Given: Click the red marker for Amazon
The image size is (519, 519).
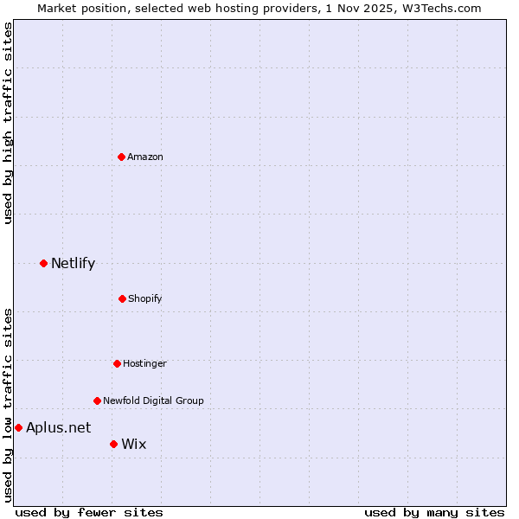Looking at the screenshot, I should coord(121,157).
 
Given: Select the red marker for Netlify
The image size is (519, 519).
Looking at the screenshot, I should coord(43,263).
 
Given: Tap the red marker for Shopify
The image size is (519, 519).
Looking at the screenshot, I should coord(122,298).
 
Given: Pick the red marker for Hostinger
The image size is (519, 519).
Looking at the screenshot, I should coord(117,363).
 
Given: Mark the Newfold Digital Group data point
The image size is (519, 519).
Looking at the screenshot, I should coord(97,400).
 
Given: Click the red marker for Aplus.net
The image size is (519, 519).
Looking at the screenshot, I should coord(18,427).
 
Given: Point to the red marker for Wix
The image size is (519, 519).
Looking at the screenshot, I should coord(113,444).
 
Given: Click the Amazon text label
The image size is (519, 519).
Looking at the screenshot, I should coord(145,157).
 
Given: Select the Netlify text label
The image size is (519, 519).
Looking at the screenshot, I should coord(73,263).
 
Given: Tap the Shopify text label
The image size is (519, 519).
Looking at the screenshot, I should coord(145,298).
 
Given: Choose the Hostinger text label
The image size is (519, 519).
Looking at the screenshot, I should coord(144,363).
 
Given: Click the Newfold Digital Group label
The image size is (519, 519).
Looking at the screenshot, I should coord(153,400).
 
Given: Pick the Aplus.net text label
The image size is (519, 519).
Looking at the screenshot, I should coord(58,427).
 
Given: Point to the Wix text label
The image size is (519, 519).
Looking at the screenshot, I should coord(134,444).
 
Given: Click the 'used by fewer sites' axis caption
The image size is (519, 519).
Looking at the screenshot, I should coord(89,512).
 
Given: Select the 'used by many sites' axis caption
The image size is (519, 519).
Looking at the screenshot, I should coord(434,512).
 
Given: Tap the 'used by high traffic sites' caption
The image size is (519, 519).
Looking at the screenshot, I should coord(9,123).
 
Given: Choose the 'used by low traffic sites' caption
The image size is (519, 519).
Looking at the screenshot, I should coord(9,404).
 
